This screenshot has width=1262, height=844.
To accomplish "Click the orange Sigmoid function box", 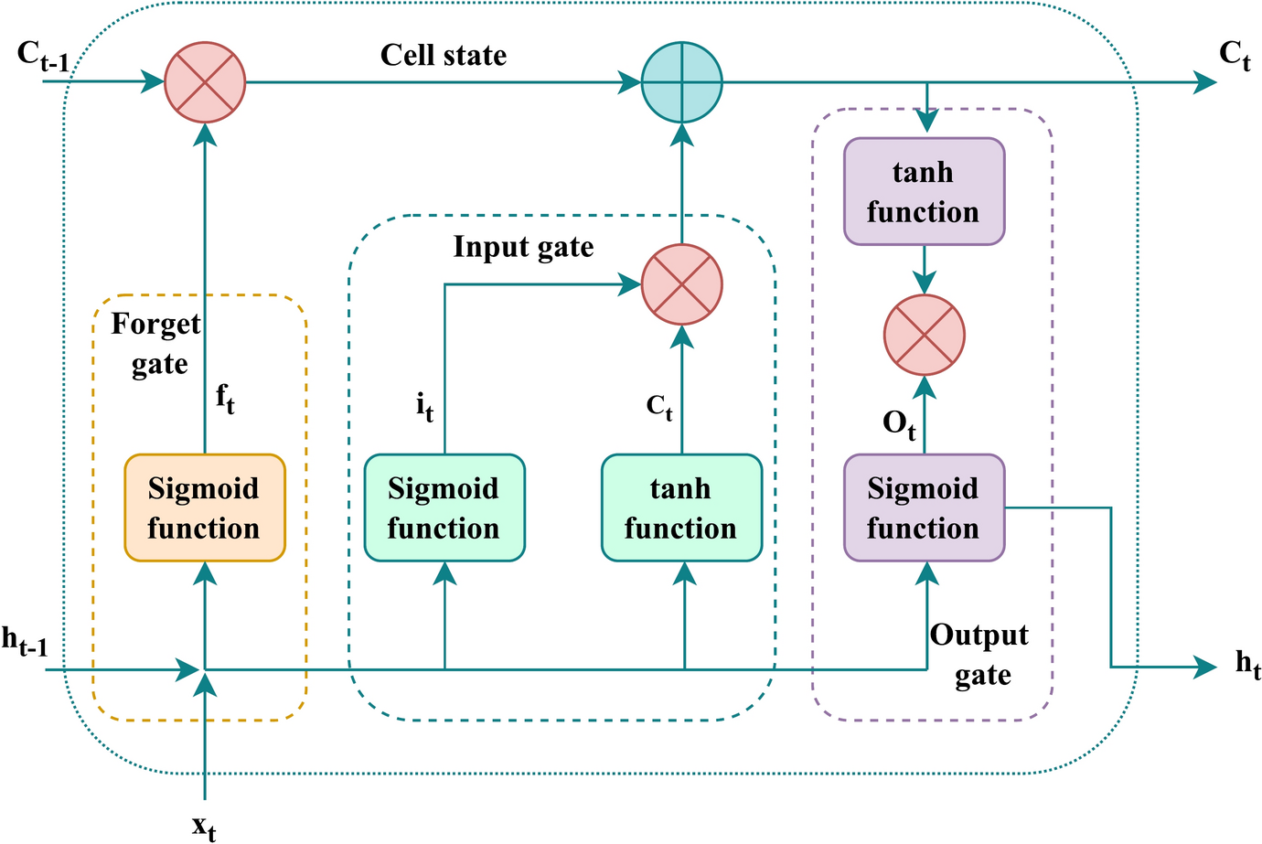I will pyautogui.click(x=205, y=507).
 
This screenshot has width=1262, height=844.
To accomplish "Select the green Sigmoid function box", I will pyautogui.click(x=444, y=507).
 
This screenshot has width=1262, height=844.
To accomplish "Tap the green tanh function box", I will pyautogui.click(x=681, y=507).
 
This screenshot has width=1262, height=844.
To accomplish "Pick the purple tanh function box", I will pyautogui.click(x=924, y=192).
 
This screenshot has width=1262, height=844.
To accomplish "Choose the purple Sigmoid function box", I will pyautogui.click(x=924, y=507).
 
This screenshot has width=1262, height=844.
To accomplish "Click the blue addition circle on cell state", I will pyautogui.click(x=681, y=82).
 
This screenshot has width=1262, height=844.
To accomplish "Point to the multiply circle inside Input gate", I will pyautogui.click(x=681, y=284).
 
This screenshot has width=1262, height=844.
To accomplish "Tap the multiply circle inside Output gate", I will pyautogui.click(x=924, y=335).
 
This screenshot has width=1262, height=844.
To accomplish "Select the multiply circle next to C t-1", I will pyautogui.click(x=205, y=82).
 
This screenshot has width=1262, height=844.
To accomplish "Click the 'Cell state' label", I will pyautogui.click(x=444, y=56).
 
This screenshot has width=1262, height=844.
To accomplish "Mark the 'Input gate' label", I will pyautogui.click(x=523, y=247).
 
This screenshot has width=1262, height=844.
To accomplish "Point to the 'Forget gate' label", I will pyautogui.click(x=157, y=344).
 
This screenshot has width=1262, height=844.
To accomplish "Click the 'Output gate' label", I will pyautogui.click(x=980, y=655).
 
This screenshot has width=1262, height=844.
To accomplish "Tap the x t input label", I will pyautogui.click(x=205, y=826).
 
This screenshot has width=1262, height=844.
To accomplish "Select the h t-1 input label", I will pyautogui.click(x=25, y=642).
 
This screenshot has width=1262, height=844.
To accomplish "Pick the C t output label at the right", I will pyautogui.click(x=1235, y=56).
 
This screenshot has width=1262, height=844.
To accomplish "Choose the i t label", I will pyautogui.click(x=424, y=405).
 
